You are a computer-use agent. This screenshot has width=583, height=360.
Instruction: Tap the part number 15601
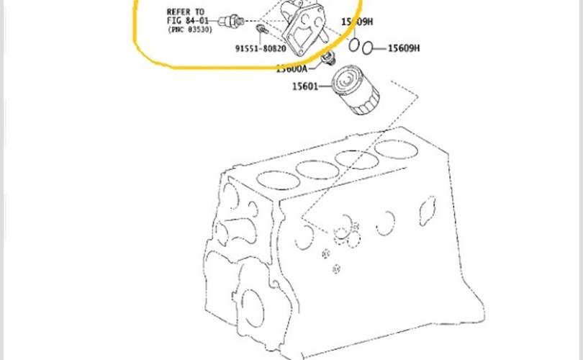click(305, 87)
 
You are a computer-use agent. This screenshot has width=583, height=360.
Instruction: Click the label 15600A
click(292, 69)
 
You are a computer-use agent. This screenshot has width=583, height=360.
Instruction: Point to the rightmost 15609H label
click(404, 48)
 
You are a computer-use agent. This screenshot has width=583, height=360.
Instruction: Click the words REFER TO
click(185, 12)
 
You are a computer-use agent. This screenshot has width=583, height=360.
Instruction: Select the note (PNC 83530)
click(190, 30)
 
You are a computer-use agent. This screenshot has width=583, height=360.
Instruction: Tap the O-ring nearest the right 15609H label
click(368, 48)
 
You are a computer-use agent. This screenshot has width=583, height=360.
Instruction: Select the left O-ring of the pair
click(355, 45)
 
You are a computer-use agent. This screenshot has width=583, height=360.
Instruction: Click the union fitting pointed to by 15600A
click(330, 56)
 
